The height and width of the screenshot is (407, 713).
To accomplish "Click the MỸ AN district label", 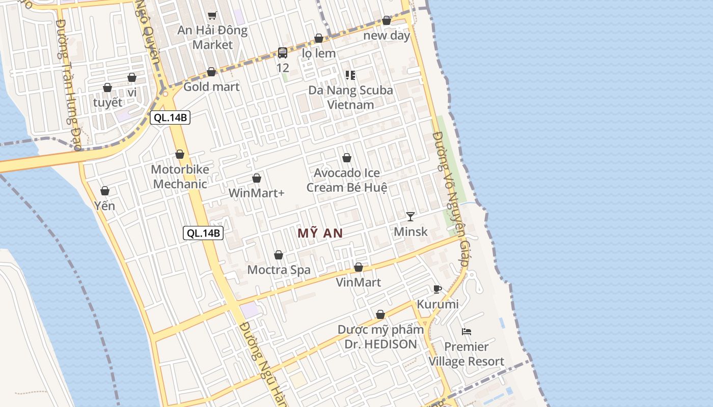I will pyautogui.click(x=320, y=234).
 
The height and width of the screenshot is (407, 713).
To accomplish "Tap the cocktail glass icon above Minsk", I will pyautogui.click(x=410, y=217).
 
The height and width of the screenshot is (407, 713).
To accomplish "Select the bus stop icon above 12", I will pyautogui.click(x=283, y=52).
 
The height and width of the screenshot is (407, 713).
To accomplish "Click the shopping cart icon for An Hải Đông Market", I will pyautogui.click(x=212, y=15).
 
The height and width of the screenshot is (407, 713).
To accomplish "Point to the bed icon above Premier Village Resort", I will pyautogui.click(x=467, y=332).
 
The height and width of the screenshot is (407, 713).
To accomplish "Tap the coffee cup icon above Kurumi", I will pyautogui.click(x=437, y=289).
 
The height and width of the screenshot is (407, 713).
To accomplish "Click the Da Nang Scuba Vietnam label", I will pyautogui.click(x=350, y=97).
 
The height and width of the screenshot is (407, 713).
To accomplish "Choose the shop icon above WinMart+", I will pyautogui.click(x=257, y=178).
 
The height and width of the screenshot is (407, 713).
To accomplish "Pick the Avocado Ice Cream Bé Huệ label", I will pyautogui.click(x=346, y=180).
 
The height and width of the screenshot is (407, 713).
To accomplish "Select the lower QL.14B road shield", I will pyautogui.click(x=203, y=234).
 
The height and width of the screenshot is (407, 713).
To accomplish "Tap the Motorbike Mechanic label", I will pyautogui.click(x=180, y=177).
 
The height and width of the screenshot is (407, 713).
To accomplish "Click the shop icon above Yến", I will pyautogui.click(x=105, y=191).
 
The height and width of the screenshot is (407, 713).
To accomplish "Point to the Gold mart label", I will pyautogui.click(x=211, y=86).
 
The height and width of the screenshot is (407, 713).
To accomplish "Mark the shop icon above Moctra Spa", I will pyautogui.click(x=279, y=255).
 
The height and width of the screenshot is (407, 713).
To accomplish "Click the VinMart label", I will pyautogui.click(x=358, y=282).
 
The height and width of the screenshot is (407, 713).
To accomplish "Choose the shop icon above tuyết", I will pyautogui.click(x=107, y=88).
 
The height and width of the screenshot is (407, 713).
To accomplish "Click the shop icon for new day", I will pyautogui.click(x=387, y=21).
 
